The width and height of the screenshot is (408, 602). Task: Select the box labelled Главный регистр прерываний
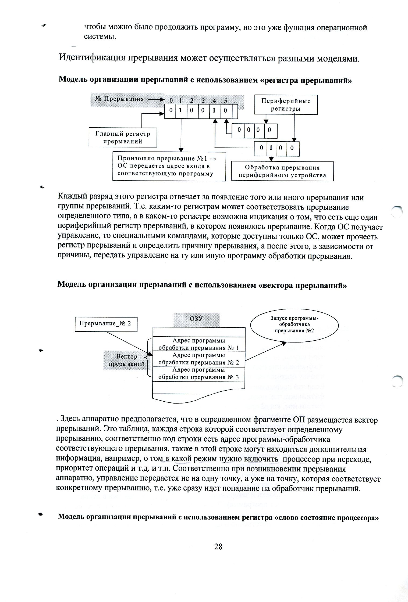(123, 138)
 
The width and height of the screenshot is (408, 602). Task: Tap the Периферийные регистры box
(286, 105)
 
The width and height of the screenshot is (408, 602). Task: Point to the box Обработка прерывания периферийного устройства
(282, 171)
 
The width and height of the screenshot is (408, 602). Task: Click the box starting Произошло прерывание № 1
(169, 166)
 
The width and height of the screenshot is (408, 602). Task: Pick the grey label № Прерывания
(119, 99)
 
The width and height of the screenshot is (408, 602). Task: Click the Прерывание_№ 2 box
(106, 323)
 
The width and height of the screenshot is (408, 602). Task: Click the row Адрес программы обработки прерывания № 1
(199, 344)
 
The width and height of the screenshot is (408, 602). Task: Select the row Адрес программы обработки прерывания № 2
(199, 359)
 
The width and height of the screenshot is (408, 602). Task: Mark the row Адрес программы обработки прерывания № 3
(199, 374)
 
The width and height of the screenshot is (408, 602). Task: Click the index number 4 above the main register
(214, 101)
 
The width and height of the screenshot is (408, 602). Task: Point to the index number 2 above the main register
(192, 101)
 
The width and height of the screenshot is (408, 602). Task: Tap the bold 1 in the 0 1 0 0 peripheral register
(271, 148)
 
